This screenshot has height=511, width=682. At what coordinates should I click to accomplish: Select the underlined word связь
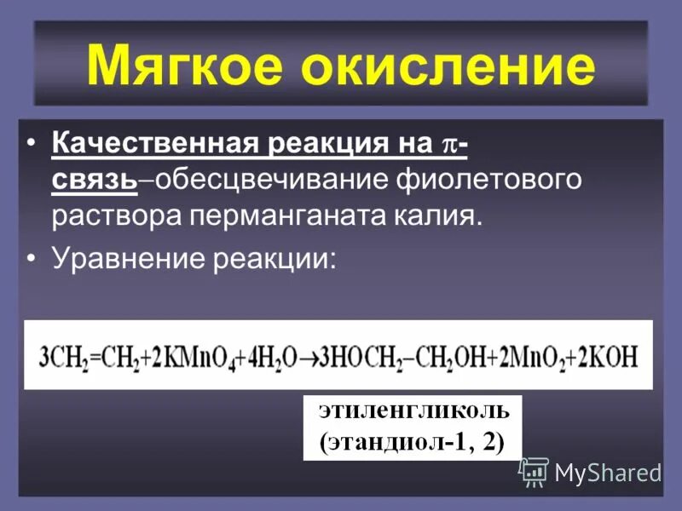pos(94,180)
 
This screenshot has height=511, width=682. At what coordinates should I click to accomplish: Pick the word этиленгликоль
pos(413,411)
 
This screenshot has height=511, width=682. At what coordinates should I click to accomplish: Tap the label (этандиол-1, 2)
pos(413,442)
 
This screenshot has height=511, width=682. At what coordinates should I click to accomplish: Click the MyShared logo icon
pos(535,471)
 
